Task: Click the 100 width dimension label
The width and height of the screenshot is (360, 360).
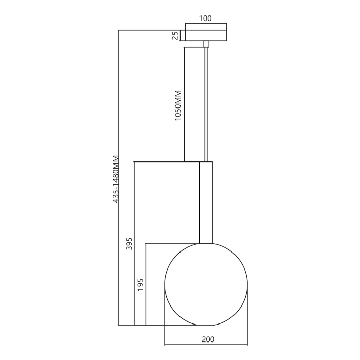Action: (205, 19)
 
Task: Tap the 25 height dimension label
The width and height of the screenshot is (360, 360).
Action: (175, 35)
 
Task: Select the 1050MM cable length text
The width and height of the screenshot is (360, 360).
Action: (178, 105)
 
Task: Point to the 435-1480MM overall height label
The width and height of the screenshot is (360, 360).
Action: (116, 178)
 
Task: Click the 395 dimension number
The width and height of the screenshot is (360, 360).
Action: (129, 244)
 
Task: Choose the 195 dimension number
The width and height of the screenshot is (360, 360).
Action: (141, 284)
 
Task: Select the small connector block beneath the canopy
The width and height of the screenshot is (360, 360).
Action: (206, 44)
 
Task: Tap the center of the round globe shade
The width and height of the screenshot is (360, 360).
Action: (206, 284)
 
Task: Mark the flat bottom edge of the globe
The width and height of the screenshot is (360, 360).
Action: (206, 325)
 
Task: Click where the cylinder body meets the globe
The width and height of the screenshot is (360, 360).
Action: (206, 243)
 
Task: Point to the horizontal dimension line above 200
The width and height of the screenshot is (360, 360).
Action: (206, 344)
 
